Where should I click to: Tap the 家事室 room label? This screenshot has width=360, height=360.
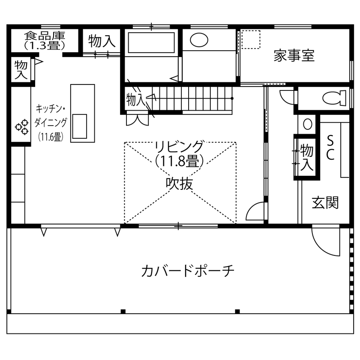pyautogui.click(x=294, y=56)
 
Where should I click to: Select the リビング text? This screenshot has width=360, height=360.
pyautogui.click(x=179, y=147)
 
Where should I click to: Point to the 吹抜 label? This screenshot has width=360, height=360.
pyautogui.click(x=179, y=183)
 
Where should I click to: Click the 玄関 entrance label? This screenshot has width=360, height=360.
pyautogui.click(x=325, y=202)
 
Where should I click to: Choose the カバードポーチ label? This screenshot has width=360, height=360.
pyautogui.click(x=188, y=271)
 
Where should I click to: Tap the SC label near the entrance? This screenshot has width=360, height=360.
pyautogui.click(x=330, y=148)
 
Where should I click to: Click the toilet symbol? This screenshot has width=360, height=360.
pyautogui.click(x=334, y=98)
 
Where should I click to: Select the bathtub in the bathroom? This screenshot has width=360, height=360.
pyautogui.click(x=151, y=42)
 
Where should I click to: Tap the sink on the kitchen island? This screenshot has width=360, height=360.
pyautogui.click(x=80, y=126)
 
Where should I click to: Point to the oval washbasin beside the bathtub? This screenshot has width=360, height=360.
pyautogui.click(x=198, y=40)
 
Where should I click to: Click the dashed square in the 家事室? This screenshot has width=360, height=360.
pyautogui.click(x=251, y=40)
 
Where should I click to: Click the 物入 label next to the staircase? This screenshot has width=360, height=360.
pyautogui.click(x=135, y=100)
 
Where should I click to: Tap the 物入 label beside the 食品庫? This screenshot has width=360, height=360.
pyautogui.click(x=102, y=41)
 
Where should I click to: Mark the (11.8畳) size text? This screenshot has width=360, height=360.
pyautogui.click(x=179, y=161)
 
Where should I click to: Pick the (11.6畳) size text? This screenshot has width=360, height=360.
pyautogui.click(x=51, y=137)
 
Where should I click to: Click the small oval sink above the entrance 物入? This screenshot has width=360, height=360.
pyautogui.click(x=308, y=124)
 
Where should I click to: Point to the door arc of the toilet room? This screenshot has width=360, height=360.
pyautogui.click(x=287, y=97)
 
